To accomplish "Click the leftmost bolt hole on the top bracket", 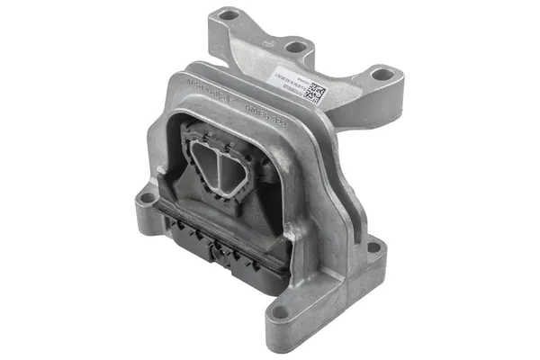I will (229, 15).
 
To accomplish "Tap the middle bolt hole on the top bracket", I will (294, 45).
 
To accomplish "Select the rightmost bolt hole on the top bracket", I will (382, 75).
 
